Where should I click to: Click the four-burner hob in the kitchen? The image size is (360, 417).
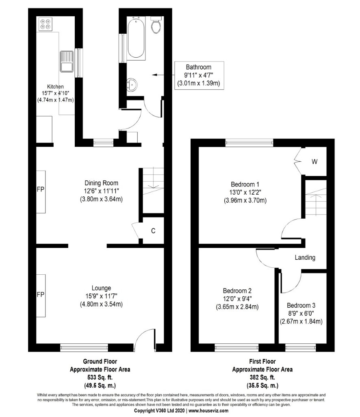tap(46, 24)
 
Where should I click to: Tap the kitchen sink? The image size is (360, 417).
tap(67, 61)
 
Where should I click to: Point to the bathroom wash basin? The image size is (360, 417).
tap(132, 85)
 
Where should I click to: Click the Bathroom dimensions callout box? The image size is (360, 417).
tap(199, 75)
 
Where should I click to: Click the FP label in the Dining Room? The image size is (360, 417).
tap(40, 189)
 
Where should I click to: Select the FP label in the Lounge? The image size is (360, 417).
tap(40, 294)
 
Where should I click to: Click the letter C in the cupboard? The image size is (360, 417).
tap(153, 231)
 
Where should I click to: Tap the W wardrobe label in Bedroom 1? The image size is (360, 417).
tap(314, 161)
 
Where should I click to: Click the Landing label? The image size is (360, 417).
tap(305, 257)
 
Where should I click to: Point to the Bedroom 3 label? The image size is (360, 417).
tap(301, 305)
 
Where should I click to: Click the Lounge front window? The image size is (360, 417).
tap(84, 347)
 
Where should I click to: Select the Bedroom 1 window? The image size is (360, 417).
tap(249, 143)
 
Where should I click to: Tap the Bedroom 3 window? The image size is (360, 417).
tap(301, 347)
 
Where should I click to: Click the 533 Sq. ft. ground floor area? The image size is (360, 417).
tap(100, 378)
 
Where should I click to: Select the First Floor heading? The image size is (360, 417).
tap(262, 361)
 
